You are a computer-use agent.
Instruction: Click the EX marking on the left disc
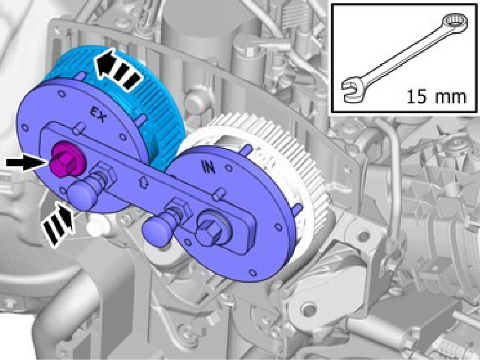(99, 115)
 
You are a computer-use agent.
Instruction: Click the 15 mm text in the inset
(436, 96)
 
